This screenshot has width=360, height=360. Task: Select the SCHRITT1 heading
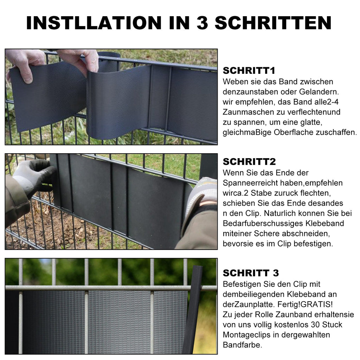coord(249,71)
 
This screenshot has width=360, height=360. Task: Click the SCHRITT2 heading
coord(249,162)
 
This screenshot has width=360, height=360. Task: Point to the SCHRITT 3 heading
coord(251,273)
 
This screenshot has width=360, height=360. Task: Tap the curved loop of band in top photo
coord(105,102)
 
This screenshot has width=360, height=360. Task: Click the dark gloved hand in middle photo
coord(33,174)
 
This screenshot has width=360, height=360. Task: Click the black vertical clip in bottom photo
coord(193,309)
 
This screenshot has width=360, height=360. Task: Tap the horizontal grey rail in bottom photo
coord(105,288)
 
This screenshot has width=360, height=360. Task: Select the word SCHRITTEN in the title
coord(273,23)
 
